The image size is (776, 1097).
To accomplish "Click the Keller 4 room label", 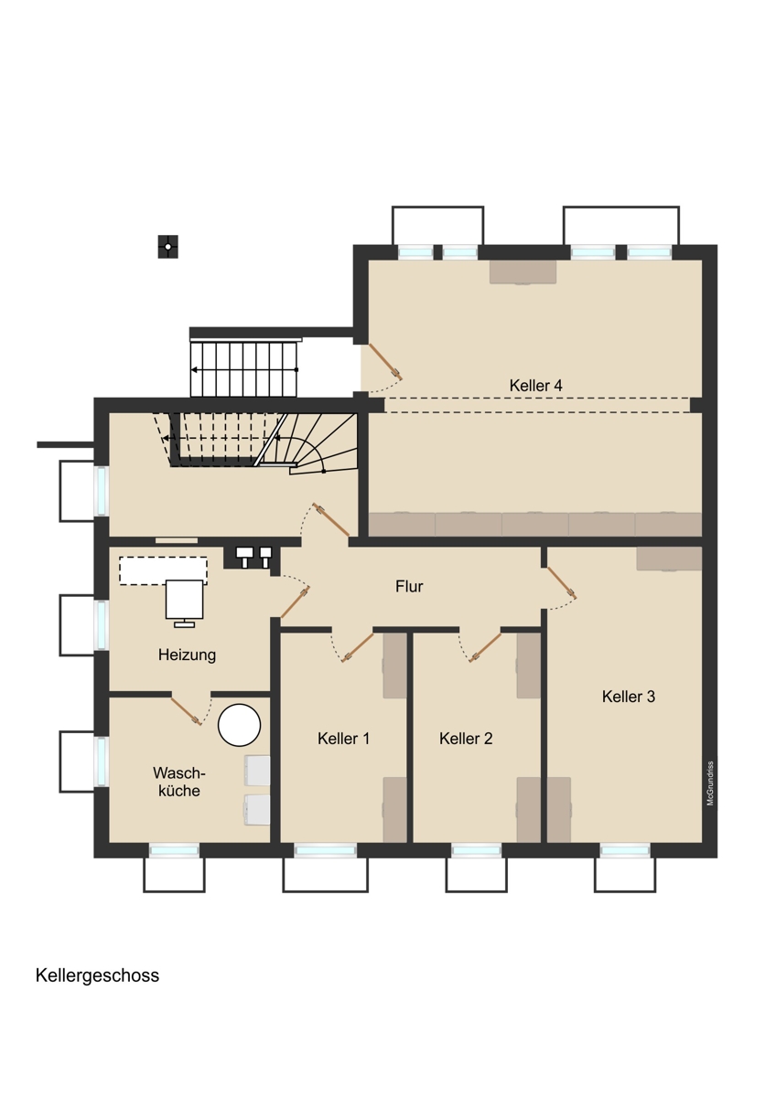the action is (x=535, y=386).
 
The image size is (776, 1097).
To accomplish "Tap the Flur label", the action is (x=409, y=586).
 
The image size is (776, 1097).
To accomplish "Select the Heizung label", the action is (x=187, y=655).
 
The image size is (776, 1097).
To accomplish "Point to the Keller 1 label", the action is (x=343, y=739).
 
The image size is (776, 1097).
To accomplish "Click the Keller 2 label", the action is (x=466, y=739).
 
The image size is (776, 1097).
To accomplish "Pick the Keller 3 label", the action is (x=629, y=697).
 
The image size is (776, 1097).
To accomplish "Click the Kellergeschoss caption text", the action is (x=97, y=975).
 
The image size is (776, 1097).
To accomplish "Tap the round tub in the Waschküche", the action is (x=239, y=725).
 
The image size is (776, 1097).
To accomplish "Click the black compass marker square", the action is (x=167, y=246).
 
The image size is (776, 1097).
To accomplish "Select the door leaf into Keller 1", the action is (x=358, y=647).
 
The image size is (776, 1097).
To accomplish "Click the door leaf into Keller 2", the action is (x=485, y=647).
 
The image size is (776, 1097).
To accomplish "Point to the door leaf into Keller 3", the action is (x=562, y=582).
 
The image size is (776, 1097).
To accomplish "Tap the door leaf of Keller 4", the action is (x=385, y=361).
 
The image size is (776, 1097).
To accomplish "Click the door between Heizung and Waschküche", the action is (x=186, y=710).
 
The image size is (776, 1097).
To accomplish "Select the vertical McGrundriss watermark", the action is (x=710, y=783).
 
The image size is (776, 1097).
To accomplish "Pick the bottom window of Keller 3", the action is (x=624, y=851).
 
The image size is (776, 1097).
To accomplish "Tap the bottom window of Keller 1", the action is (x=326, y=851).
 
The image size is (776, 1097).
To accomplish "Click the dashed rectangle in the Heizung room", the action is (x=163, y=570).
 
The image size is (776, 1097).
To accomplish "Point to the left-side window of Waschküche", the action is (x=102, y=762).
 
